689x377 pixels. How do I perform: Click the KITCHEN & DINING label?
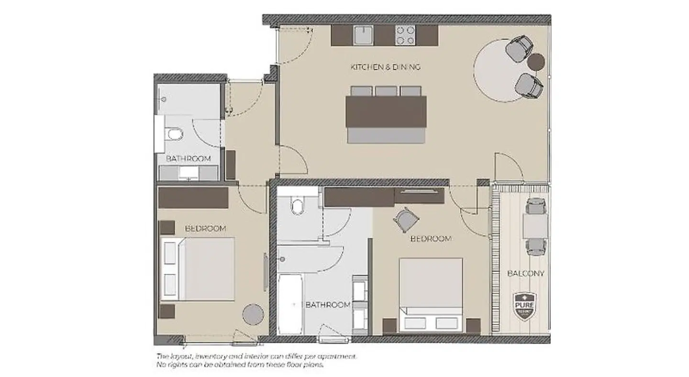tap(385, 67)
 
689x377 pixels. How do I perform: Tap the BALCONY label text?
tap(525, 274)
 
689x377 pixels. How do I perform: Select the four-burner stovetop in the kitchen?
tap(405, 35)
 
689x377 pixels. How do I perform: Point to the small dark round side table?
tap(536, 61)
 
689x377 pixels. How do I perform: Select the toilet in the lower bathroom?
tap(297, 207)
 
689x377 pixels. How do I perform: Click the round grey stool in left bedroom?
tap(253, 314)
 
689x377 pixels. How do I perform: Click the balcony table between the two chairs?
tap(535, 225)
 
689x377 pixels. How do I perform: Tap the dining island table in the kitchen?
tap(386, 111)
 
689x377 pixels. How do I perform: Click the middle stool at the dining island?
tap(386, 91)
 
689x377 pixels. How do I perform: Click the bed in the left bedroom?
tap(198, 268)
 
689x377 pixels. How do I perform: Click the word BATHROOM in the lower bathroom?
tap(328, 305)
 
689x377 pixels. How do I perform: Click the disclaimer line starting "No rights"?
tap(240, 365)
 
